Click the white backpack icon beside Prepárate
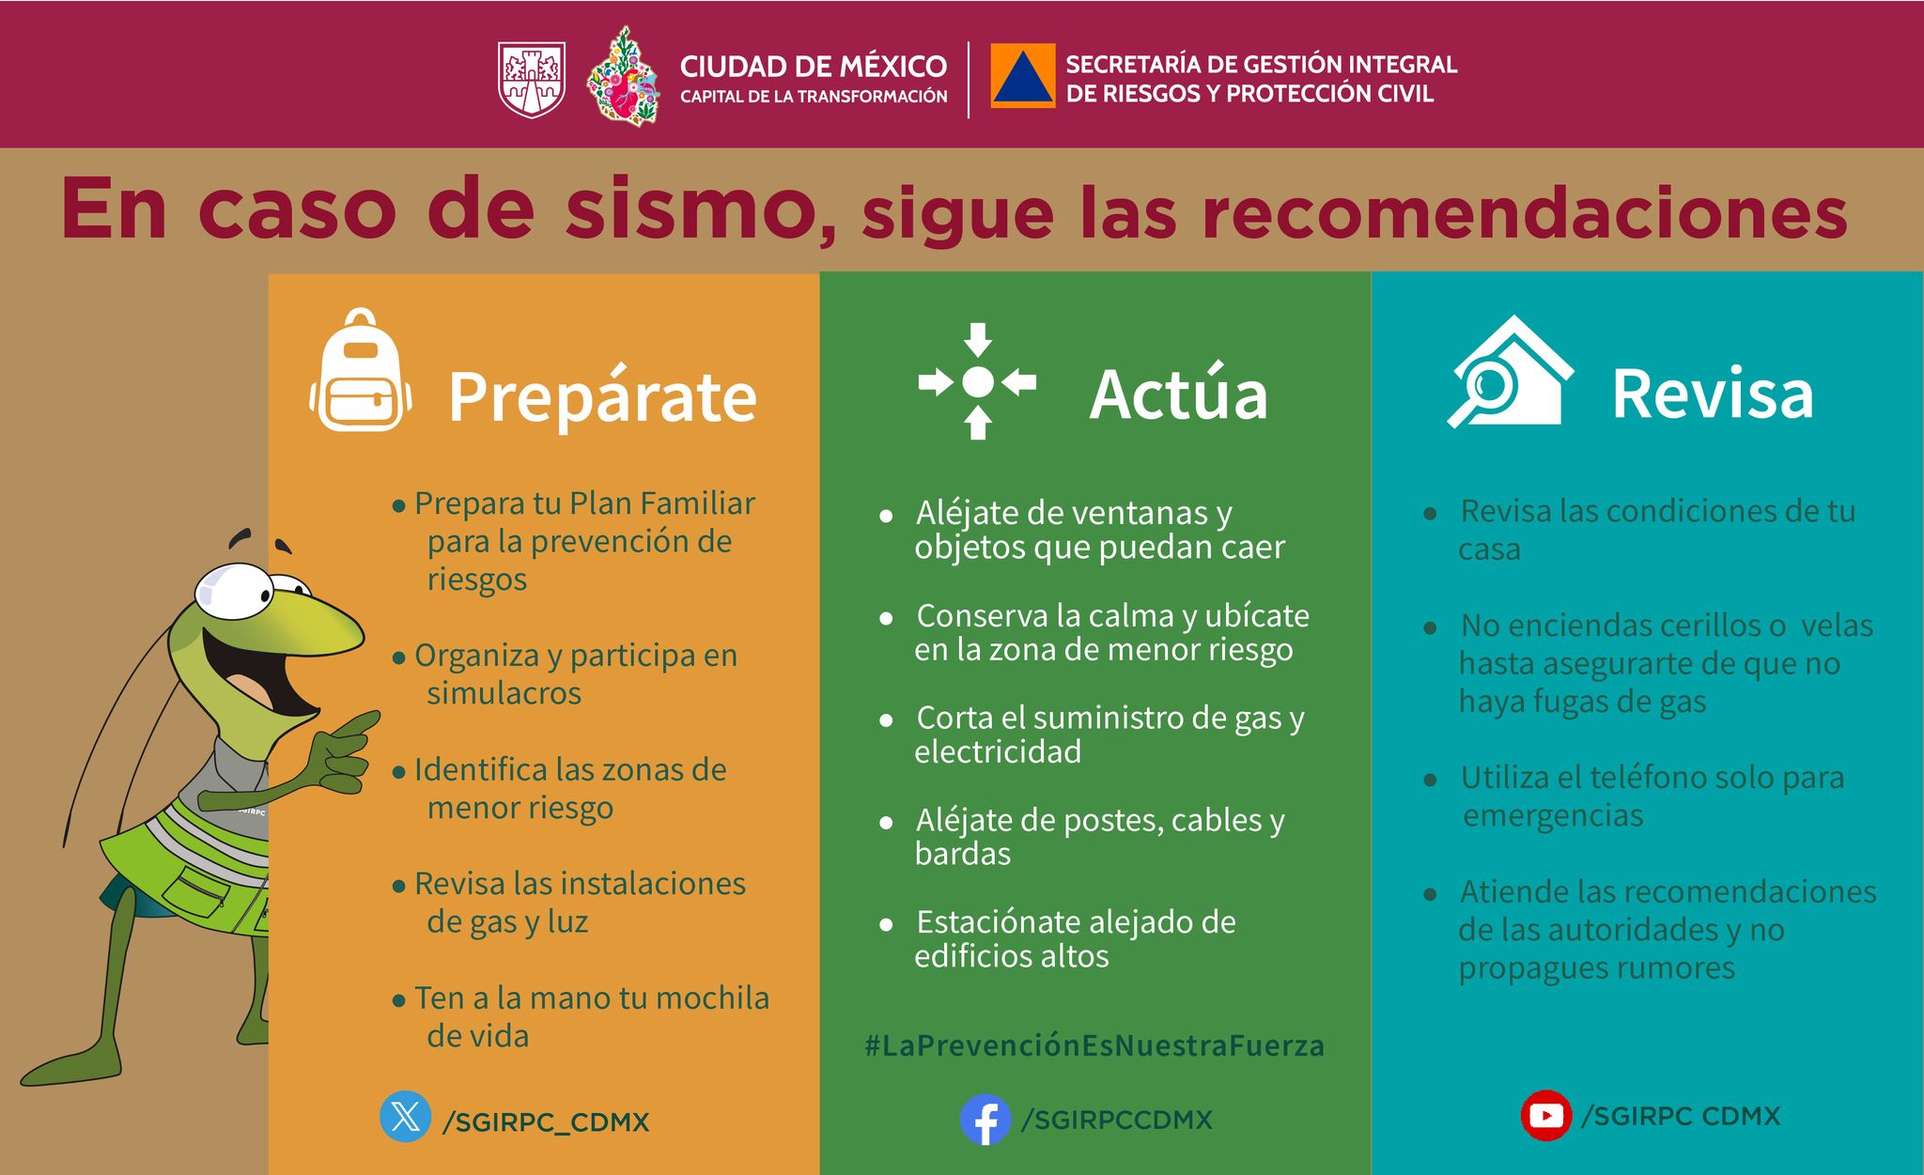[x=361, y=370]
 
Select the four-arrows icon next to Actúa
[x=977, y=381]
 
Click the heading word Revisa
[x=1713, y=394]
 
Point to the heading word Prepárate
[x=602, y=395]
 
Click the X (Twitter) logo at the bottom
[x=406, y=1117]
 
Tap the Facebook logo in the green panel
[x=985, y=1120]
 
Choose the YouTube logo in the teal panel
[x=1546, y=1116]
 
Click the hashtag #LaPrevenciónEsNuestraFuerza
[x=1094, y=1046]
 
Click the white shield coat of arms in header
[x=531, y=80]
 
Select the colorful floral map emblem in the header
[x=622, y=77]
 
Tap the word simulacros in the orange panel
[x=504, y=693]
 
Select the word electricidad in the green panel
[x=998, y=751]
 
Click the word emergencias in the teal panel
[x=1553, y=815]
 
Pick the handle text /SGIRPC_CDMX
[x=546, y=1121]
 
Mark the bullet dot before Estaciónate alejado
[x=886, y=925]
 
